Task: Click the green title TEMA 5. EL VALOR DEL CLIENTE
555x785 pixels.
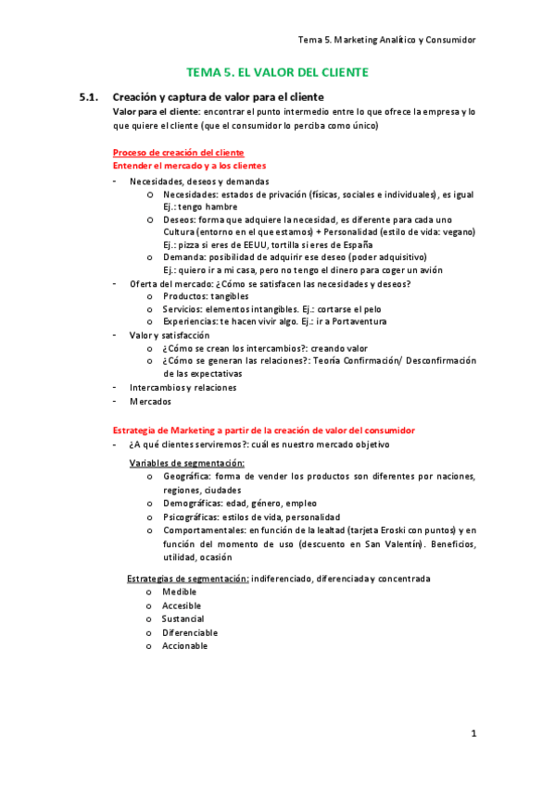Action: (277, 71)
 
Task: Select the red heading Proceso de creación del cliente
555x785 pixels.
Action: (178, 152)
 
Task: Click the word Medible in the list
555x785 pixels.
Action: (180, 591)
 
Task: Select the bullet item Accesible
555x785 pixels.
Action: (183, 604)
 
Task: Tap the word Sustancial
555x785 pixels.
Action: (183, 618)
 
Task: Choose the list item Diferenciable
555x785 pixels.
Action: (190, 632)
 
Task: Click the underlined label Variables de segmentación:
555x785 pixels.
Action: (186, 462)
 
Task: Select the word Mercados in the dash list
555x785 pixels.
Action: (150, 401)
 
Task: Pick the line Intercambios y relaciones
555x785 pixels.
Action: (183, 387)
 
